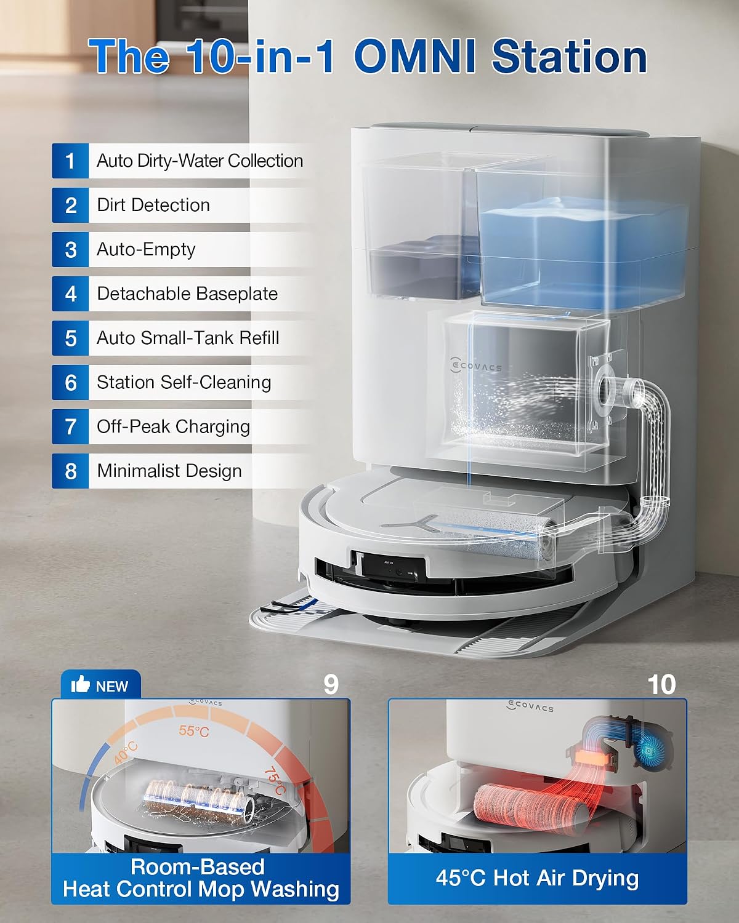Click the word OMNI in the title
[x=416, y=57]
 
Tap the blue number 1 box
[x=70, y=161]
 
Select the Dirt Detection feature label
[x=153, y=205]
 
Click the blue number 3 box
[x=70, y=250]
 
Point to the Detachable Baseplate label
[x=187, y=294]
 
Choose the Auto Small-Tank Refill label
[x=188, y=338]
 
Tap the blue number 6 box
[x=70, y=383]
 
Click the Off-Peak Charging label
[x=173, y=427]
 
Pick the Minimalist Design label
[x=169, y=471]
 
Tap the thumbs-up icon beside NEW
[x=80, y=684]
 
